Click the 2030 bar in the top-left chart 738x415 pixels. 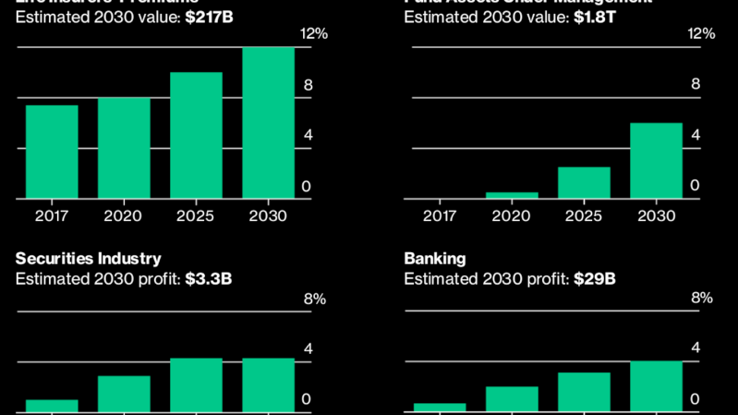pyautogui.click(x=268, y=123)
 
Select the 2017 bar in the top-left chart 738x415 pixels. pyautogui.click(x=52, y=152)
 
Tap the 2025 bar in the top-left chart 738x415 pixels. pyautogui.click(x=196, y=135)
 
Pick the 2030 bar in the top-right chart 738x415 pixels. pyautogui.click(x=657, y=161)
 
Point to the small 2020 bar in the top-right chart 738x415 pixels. pyautogui.click(x=512, y=195)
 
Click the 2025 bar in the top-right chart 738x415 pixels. pyautogui.click(x=584, y=182)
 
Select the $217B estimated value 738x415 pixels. pyautogui.click(x=208, y=17)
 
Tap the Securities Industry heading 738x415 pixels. pyautogui.click(x=88, y=258)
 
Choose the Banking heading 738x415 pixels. pyautogui.click(x=434, y=258)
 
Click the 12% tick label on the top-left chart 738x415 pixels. pyautogui.click(x=314, y=34)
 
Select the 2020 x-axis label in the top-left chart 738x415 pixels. pyautogui.click(x=124, y=215)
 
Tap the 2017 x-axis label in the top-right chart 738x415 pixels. pyautogui.click(x=440, y=215)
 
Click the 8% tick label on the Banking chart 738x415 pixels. pyautogui.click(x=702, y=299)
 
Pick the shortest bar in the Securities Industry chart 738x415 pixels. pyautogui.click(x=52, y=406)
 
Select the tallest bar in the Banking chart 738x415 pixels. pyautogui.click(x=657, y=386)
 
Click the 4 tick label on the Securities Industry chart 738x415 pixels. pyautogui.click(x=308, y=349)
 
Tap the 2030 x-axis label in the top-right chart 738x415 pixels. pyautogui.click(x=657, y=215)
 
